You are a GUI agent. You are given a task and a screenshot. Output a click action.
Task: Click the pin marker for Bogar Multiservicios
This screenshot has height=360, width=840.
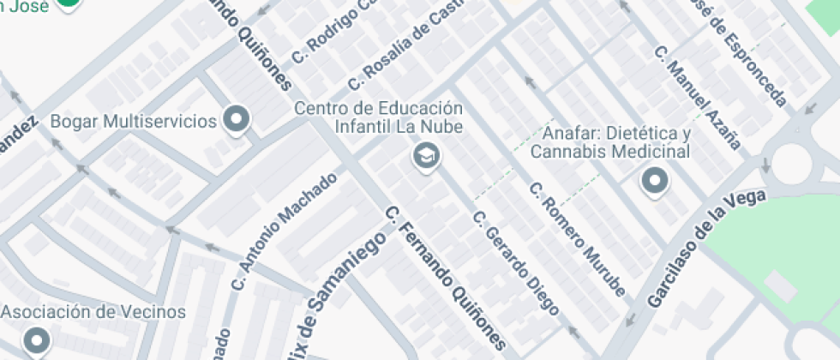pos(236,120)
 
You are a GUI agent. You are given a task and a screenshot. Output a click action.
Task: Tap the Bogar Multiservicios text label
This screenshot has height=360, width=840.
pos(134,121)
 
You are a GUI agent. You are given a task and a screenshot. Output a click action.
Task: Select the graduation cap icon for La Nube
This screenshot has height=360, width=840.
pos(424,156)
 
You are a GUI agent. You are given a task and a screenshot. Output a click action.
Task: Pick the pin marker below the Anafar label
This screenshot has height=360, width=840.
pos(655,181)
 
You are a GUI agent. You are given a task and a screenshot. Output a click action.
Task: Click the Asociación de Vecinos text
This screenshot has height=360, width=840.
pos(93,311)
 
